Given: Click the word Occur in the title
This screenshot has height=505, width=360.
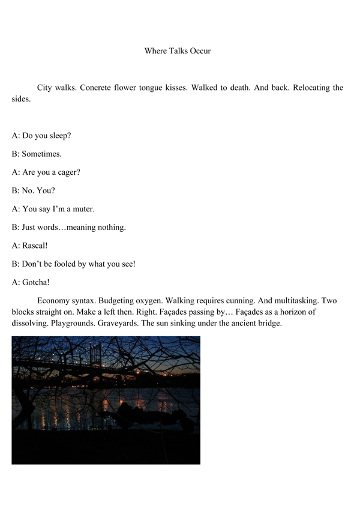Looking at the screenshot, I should pyautogui.click(x=199, y=51).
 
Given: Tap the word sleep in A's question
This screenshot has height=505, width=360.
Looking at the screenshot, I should pyautogui.click(x=59, y=136).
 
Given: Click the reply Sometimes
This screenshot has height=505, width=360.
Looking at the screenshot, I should pyautogui.click(x=42, y=154).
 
